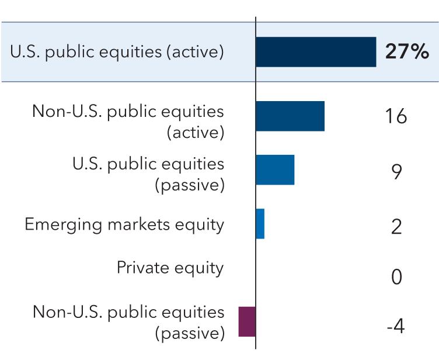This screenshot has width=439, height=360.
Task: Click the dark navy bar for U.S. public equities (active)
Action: (316, 52)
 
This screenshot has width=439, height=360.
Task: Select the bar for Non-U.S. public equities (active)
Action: (290, 116)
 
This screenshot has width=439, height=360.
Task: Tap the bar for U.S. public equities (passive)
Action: (275, 170)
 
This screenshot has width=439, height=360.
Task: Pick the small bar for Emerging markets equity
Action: (260, 224)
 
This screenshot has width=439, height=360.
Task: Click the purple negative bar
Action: (247, 321)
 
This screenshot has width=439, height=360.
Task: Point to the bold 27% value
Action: (407, 52)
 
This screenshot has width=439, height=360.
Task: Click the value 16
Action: (396, 117)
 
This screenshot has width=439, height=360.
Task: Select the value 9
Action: (396, 172)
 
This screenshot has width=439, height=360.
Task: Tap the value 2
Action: (396, 226)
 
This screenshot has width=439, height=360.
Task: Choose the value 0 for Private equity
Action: (396, 277)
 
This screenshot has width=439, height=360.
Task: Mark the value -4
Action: (395, 326)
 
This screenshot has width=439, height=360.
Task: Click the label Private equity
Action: (170, 268)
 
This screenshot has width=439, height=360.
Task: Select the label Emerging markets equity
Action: (124, 224)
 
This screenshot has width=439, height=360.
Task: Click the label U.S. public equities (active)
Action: (117, 52)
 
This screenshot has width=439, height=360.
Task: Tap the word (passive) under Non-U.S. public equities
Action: (189, 334)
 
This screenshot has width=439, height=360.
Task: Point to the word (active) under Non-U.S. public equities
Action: (195, 133)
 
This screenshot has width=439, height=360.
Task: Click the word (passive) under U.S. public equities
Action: (189, 186)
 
